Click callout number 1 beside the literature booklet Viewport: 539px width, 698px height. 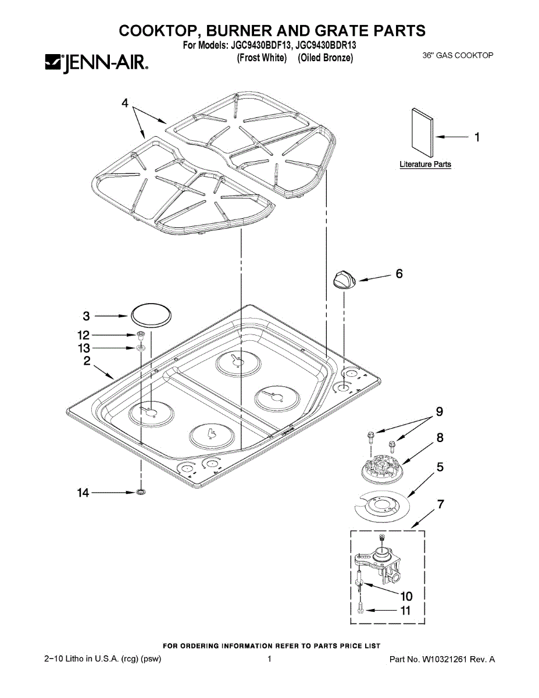click(477, 137)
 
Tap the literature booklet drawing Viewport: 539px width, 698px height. click(423, 133)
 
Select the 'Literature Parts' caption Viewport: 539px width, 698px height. click(425, 165)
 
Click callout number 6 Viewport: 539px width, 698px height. click(399, 273)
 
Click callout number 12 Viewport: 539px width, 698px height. click(84, 335)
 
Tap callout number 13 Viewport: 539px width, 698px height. click(84, 348)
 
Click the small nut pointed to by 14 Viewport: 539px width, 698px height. click(140, 493)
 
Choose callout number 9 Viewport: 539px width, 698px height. click(440, 412)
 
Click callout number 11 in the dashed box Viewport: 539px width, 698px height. click(405, 611)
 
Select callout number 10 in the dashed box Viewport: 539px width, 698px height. click(406, 596)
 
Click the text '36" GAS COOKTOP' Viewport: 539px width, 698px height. click(458, 56)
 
